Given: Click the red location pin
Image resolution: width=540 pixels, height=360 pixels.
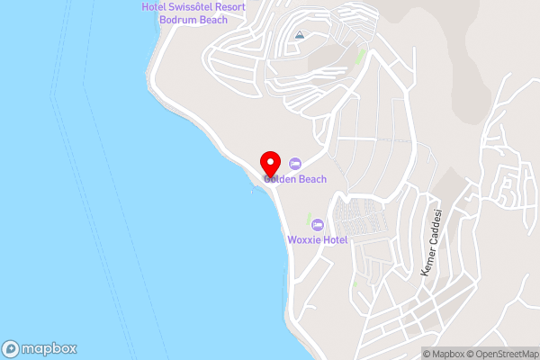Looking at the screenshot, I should (x=269, y=165).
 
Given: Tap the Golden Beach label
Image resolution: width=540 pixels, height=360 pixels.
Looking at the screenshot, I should (x=295, y=179).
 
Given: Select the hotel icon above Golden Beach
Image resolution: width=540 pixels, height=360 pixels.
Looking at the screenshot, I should (x=295, y=163).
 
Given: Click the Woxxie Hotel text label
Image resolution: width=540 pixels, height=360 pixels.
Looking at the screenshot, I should (x=317, y=239).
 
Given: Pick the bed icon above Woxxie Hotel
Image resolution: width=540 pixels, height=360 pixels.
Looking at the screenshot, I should (x=317, y=223).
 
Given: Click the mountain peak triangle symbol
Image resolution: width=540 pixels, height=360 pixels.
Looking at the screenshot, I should (x=299, y=35).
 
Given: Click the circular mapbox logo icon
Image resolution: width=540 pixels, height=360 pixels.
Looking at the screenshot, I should (x=11, y=349).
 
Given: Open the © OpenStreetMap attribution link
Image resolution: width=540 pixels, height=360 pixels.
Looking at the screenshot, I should (x=501, y=354).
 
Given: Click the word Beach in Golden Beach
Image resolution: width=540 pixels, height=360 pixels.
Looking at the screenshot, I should (x=311, y=179).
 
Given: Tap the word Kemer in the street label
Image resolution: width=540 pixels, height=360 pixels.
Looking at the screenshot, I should (x=427, y=263).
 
